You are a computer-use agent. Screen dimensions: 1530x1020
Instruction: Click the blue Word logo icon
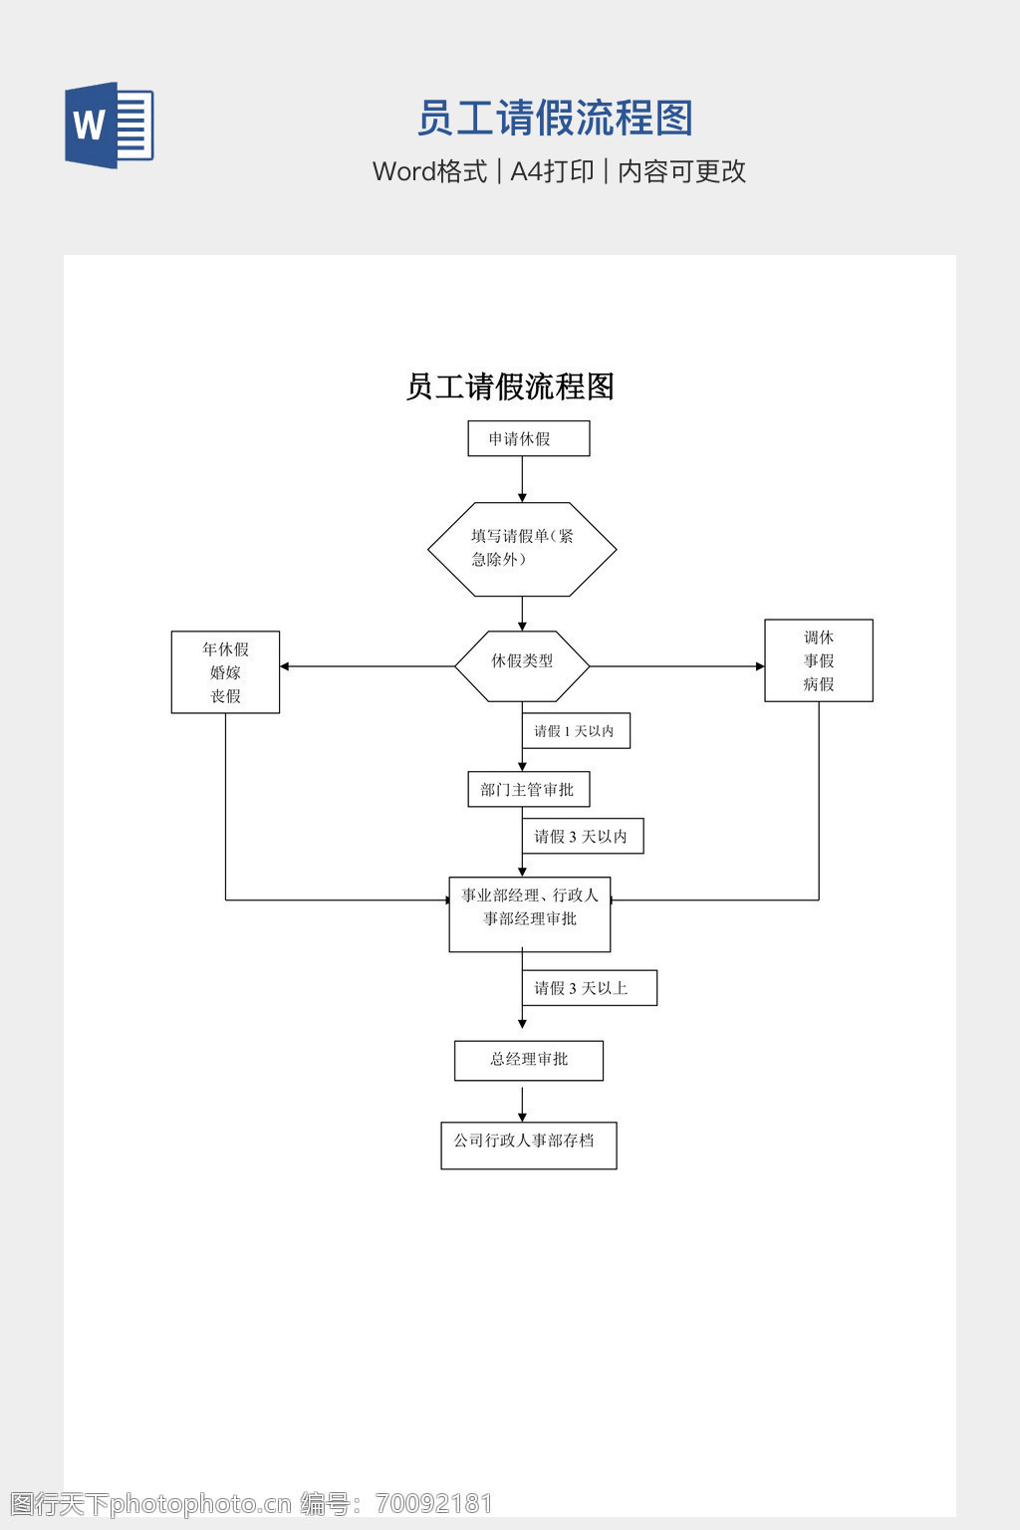[x=110, y=125]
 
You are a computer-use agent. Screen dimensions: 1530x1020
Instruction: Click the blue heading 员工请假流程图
[x=554, y=119]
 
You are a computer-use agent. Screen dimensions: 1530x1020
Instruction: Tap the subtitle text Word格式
[x=429, y=171]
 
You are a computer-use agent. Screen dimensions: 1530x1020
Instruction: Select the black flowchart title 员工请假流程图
[x=510, y=386]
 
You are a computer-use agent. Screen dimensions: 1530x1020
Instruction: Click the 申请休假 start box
[x=529, y=438]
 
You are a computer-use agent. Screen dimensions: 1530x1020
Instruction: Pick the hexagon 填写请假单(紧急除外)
[x=522, y=549]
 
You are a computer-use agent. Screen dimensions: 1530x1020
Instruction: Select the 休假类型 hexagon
[x=522, y=665]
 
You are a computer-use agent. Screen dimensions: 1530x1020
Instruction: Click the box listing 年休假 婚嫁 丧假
[x=225, y=672]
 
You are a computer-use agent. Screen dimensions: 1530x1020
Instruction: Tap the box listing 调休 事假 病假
[x=819, y=660]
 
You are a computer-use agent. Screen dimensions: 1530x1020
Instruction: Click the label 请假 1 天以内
[x=576, y=731]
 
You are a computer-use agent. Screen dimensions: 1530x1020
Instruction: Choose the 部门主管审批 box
[x=529, y=790]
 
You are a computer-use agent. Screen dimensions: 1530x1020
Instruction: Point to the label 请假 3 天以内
[x=583, y=837]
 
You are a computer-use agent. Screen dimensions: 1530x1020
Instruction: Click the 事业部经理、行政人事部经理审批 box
[x=530, y=914]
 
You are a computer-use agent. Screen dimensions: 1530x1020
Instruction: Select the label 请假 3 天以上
[x=589, y=988]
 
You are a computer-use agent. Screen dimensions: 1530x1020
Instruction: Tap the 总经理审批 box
[x=529, y=1061]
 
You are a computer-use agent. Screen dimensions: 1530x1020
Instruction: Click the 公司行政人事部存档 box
[x=529, y=1146]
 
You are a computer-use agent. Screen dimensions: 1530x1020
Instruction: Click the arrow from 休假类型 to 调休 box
[x=677, y=666]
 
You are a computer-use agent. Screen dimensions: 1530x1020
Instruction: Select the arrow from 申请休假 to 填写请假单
[x=522, y=479]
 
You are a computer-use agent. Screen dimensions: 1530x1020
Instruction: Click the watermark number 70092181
[x=434, y=1503]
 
